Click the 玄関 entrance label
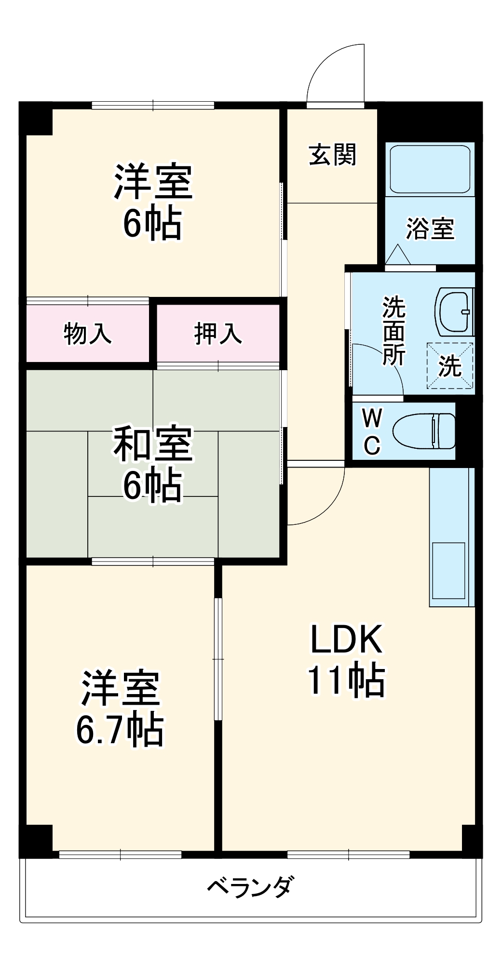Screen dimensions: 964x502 pos(332,155)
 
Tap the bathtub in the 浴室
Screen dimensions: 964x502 pos(430,169)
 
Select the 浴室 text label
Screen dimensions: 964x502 pos(430,228)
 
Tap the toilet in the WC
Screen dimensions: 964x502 pos(424,430)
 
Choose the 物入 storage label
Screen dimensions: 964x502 pos(88,334)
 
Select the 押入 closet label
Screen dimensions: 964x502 pos(218,334)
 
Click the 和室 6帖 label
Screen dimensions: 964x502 pos(152,464)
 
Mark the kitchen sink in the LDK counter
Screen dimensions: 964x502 pos(448,570)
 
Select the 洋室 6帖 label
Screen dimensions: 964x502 pos(152,202)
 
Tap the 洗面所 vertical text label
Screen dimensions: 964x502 pos(394,332)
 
